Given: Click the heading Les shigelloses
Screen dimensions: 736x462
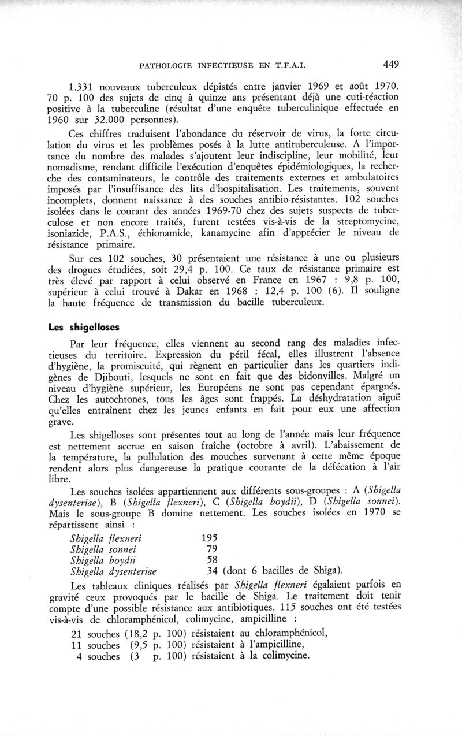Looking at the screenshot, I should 83,325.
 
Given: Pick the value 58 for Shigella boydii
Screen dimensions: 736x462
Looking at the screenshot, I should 213,560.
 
